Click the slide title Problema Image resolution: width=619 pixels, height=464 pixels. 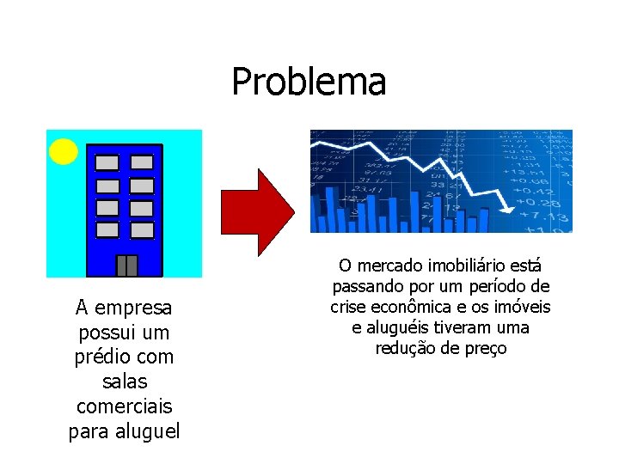point(309,82)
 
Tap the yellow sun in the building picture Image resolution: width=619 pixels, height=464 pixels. point(64,151)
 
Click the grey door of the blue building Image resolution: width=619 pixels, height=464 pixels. point(126,266)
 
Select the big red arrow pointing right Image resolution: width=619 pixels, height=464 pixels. point(258,212)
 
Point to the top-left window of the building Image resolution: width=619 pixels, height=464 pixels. point(107,162)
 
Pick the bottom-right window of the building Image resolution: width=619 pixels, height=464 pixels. point(142,230)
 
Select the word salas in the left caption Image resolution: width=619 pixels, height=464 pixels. point(125,381)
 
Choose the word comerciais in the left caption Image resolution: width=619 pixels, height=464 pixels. point(125,406)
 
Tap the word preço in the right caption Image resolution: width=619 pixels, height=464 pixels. point(485,349)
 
